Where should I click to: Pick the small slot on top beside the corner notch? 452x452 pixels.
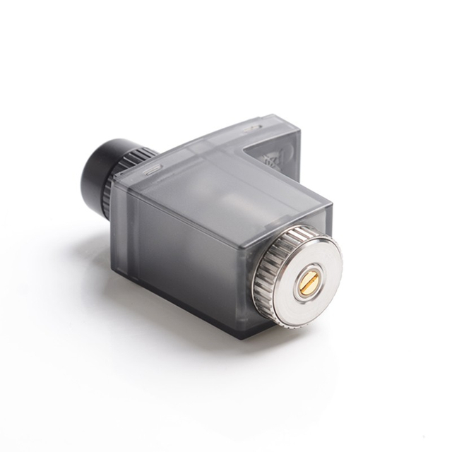(x=252, y=130)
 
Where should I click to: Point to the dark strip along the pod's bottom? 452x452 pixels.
(x=205, y=310)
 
